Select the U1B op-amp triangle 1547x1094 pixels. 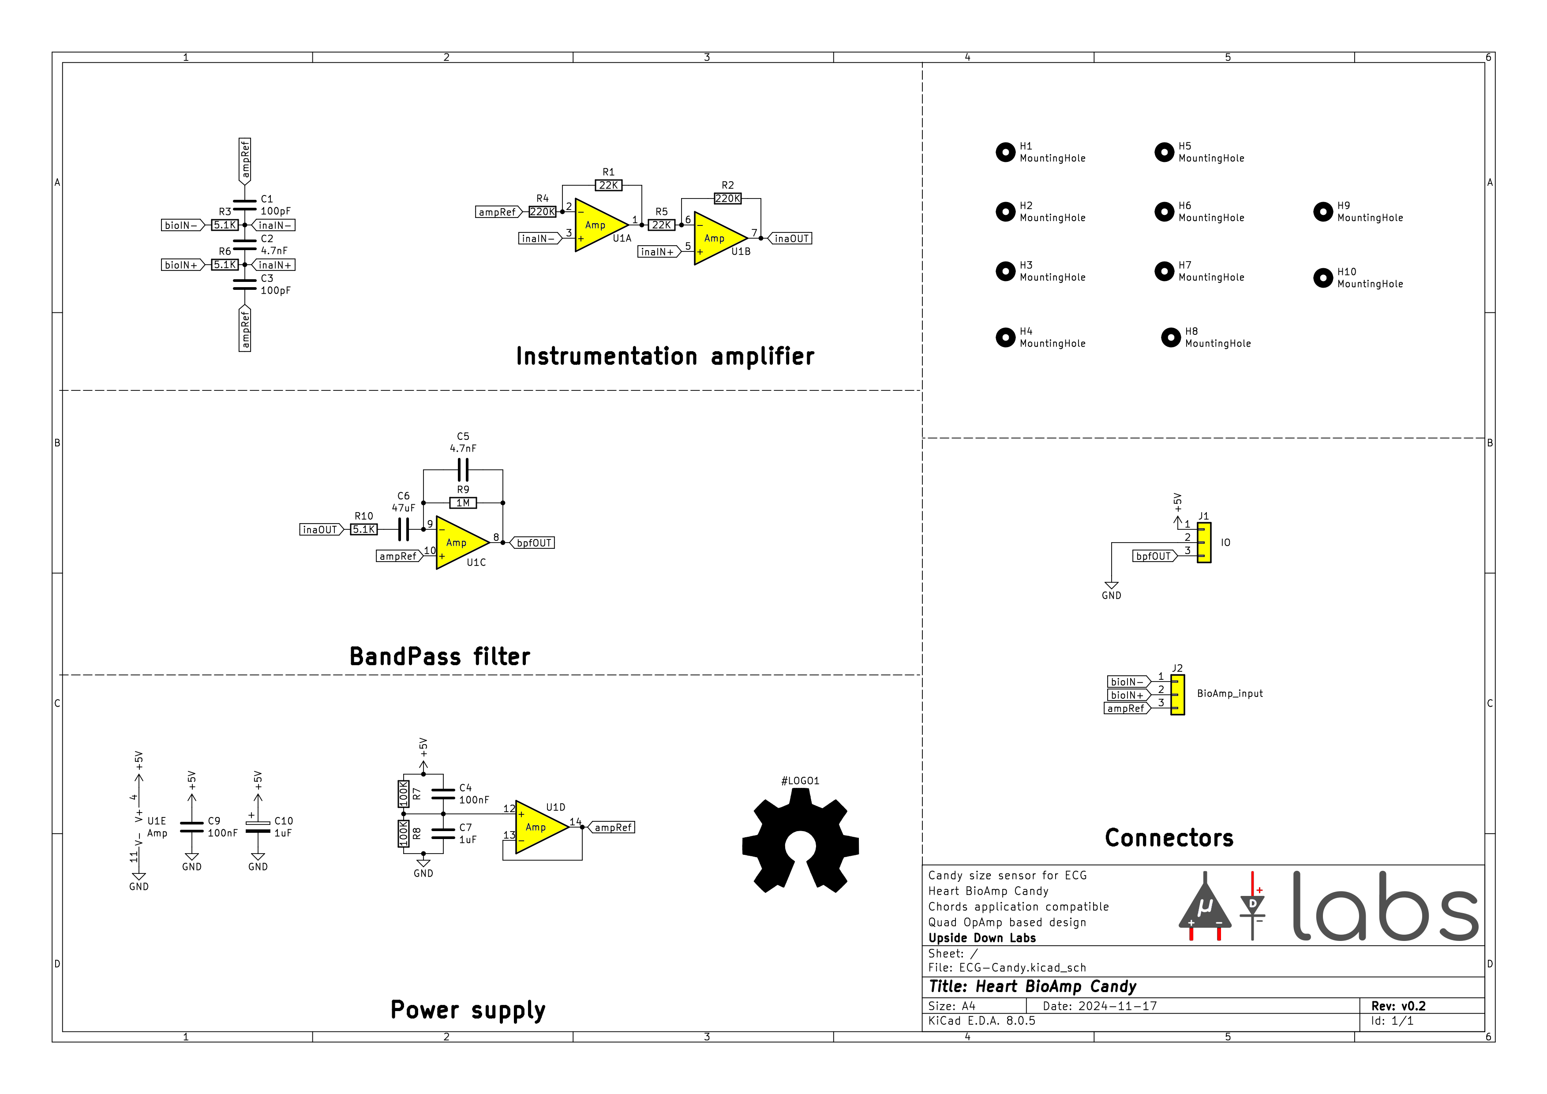[x=716, y=239]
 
